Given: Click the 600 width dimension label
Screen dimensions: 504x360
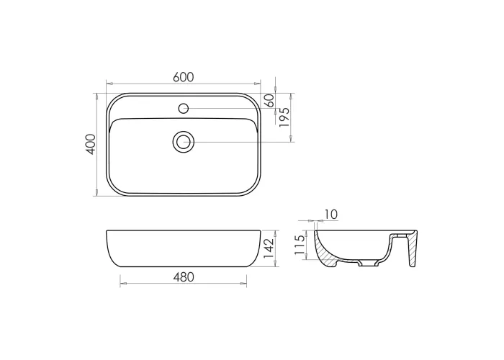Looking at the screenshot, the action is point(183,77).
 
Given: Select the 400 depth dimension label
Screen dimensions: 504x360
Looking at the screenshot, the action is point(91,144).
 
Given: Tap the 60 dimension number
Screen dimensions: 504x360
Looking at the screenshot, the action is point(270,101).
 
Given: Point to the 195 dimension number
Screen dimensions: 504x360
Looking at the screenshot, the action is point(284,117).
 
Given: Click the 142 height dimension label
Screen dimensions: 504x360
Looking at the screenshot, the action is point(269,248).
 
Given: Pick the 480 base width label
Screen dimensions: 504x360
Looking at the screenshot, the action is point(184,277).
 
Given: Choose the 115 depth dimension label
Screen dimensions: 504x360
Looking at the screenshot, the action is point(300,245).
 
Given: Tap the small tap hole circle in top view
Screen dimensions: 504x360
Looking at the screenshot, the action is point(183,108).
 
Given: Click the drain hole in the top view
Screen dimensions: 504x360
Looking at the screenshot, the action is point(184,142).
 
